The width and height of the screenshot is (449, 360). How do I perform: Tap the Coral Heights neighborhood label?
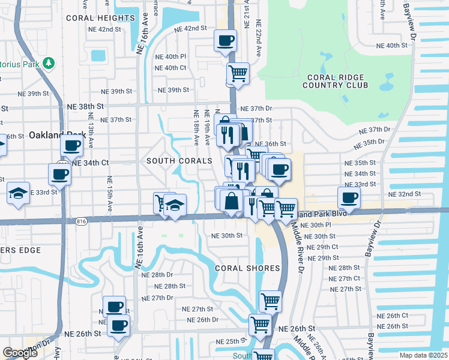[x=101, y=18]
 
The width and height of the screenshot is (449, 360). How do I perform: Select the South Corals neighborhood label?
[x=179, y=161]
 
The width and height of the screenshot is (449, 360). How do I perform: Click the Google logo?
[x=20, y=353]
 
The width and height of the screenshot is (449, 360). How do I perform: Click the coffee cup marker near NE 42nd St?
[x=225, y=41]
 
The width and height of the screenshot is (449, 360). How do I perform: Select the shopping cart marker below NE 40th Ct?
[x=238, y=74]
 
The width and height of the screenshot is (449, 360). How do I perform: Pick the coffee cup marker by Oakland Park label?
[x=71, y=145]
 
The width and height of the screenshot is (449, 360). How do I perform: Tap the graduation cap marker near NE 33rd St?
[x=19, y=194]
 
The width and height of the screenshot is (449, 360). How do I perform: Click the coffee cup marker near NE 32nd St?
[x=349, y=196]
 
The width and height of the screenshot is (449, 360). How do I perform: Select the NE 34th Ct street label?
[x=90, y=163]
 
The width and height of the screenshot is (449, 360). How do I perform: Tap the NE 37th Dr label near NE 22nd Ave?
[x=256, y=109]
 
